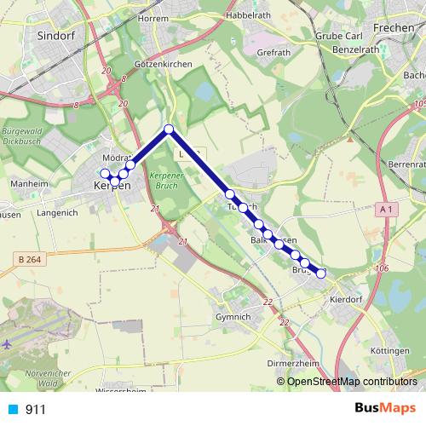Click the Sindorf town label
coord(58,36)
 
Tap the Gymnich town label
coord(235,316)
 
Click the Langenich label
coord(58,213)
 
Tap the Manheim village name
coord(28,183)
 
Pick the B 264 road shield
coord(28,257)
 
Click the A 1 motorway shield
coord(386,209)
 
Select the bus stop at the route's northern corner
coord(169,130)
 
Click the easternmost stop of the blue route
coord(321,273)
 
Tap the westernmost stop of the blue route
coord(105,174)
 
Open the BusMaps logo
coord(384,408)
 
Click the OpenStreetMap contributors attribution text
coord(352,382)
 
